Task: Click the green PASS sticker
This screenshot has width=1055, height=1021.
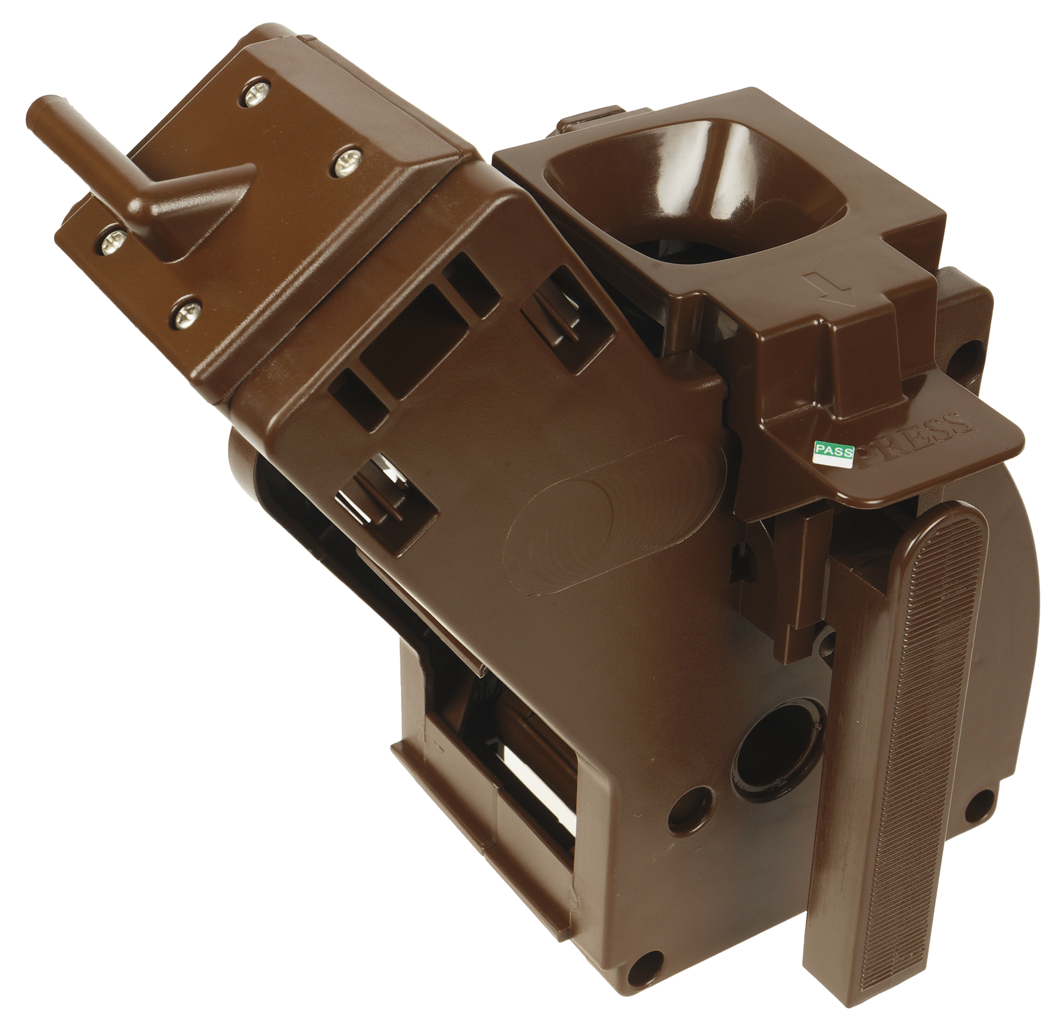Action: pyautogui.click(x=835, y=452)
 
